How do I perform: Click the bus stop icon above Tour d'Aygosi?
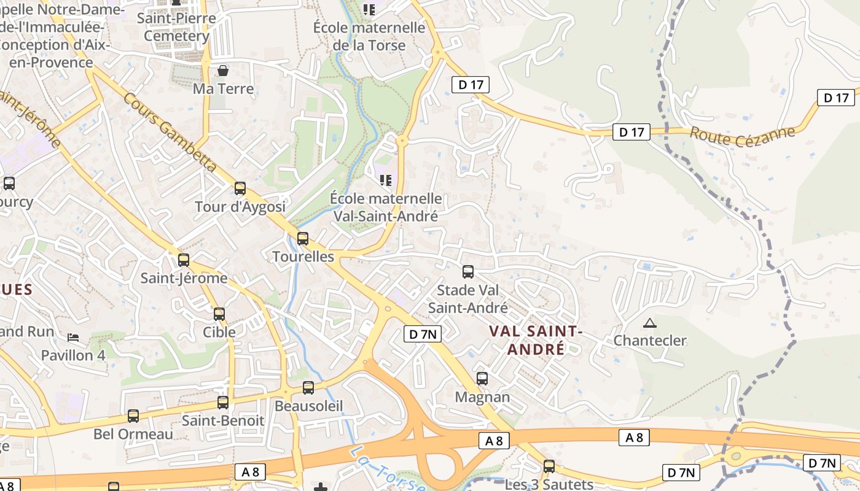(x=240, y=188)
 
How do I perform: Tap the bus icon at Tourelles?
(x=302, y=239)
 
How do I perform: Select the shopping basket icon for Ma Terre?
(x=223, y=71)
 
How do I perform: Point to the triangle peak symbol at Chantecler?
(x=649, y=323)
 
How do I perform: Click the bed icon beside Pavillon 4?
(x=73, y=338)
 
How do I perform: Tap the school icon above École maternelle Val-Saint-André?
(x=386, y=180)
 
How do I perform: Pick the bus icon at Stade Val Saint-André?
(x=468, y=271)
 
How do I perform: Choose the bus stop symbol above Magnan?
(x=482, y=379)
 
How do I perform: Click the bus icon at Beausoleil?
(x=308, y=388)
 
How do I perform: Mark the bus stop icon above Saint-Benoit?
(x=223, y=403)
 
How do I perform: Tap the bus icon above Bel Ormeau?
(x=133, y=416)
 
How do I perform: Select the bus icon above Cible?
(x=219, y=314)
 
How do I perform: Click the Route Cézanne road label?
(x=742, y=134)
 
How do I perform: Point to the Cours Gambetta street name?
(x=170, y=132)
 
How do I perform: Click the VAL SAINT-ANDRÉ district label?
(x=535, y=340)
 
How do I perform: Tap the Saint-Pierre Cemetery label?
(x=176, y=27)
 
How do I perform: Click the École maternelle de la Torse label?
(x=369, y=36)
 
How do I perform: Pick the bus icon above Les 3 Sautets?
(x=549, y=466)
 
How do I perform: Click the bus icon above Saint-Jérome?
(x=184, y=260)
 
